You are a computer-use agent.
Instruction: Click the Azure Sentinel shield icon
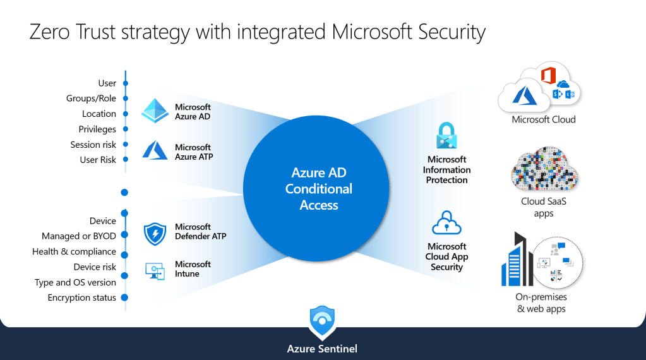tap(322, 323)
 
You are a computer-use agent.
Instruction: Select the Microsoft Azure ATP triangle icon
tap(155, 150)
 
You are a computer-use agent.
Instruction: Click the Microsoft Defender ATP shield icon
tap(155, 234)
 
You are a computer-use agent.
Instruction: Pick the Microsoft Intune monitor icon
tap(155, 270)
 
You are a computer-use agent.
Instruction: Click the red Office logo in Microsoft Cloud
tap(547, 76)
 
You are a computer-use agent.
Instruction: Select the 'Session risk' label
tap(93, 145)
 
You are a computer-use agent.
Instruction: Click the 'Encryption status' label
tap(82, 297)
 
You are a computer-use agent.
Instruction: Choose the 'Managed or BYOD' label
tap(79, 236)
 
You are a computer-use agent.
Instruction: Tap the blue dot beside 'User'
tap(126, 83)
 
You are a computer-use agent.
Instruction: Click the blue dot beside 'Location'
tap(126, 114)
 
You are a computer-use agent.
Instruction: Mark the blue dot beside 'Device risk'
tap(125, 267)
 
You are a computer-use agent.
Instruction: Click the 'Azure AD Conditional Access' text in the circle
tap(319, 189)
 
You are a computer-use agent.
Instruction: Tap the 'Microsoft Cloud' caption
tap(544, 119)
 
